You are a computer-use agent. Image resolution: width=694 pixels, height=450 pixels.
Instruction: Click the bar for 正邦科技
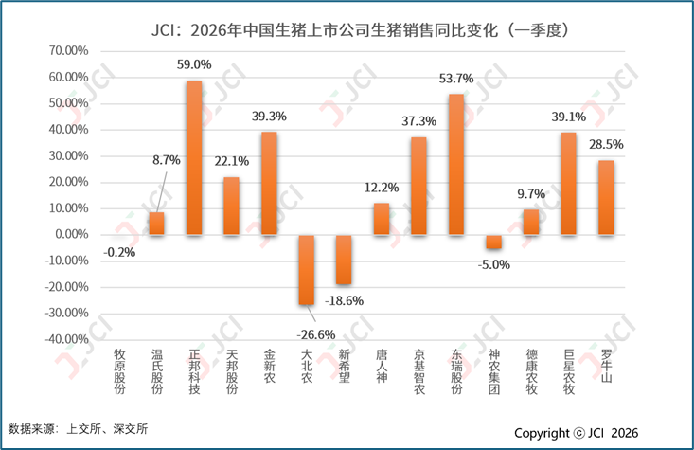point(194,157)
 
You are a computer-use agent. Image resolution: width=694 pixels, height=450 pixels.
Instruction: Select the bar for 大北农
point(306,270)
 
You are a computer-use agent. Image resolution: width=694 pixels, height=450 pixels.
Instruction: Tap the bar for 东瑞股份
point(456,164)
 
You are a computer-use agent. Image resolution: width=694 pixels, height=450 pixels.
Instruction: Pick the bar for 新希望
point(344,260)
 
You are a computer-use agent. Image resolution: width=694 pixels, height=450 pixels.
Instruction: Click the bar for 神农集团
point(493,242)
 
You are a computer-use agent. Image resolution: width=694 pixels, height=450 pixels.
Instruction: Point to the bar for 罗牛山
point(606,198)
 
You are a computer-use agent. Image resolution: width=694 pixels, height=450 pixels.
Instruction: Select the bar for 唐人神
point(382,219)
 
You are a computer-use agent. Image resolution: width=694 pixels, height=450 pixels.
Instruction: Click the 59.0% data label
point(194,64)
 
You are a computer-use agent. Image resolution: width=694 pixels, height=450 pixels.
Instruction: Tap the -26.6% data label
point(316,334)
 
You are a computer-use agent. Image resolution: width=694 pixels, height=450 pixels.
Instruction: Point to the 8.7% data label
point(167,160)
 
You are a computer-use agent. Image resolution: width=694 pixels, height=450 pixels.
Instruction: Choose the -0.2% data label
point(119,252)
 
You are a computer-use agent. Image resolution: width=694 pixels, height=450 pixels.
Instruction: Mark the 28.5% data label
point(606,144)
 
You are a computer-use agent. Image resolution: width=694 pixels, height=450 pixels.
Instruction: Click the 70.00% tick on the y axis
point(68,50)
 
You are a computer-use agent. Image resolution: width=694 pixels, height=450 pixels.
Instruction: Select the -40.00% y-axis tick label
point(67,339)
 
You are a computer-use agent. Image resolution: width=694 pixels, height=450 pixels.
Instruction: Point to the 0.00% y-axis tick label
point(72,234)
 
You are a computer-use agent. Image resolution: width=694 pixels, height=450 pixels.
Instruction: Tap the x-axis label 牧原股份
point(119,371)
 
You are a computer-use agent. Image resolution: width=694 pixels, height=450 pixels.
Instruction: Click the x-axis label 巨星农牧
point(569,371)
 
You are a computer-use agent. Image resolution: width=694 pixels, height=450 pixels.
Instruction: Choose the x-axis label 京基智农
point(419,371)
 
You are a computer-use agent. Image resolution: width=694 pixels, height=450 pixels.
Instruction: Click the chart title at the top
point(360,30)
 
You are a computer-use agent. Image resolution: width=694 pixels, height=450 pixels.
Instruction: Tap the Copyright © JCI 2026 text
point(577,433)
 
